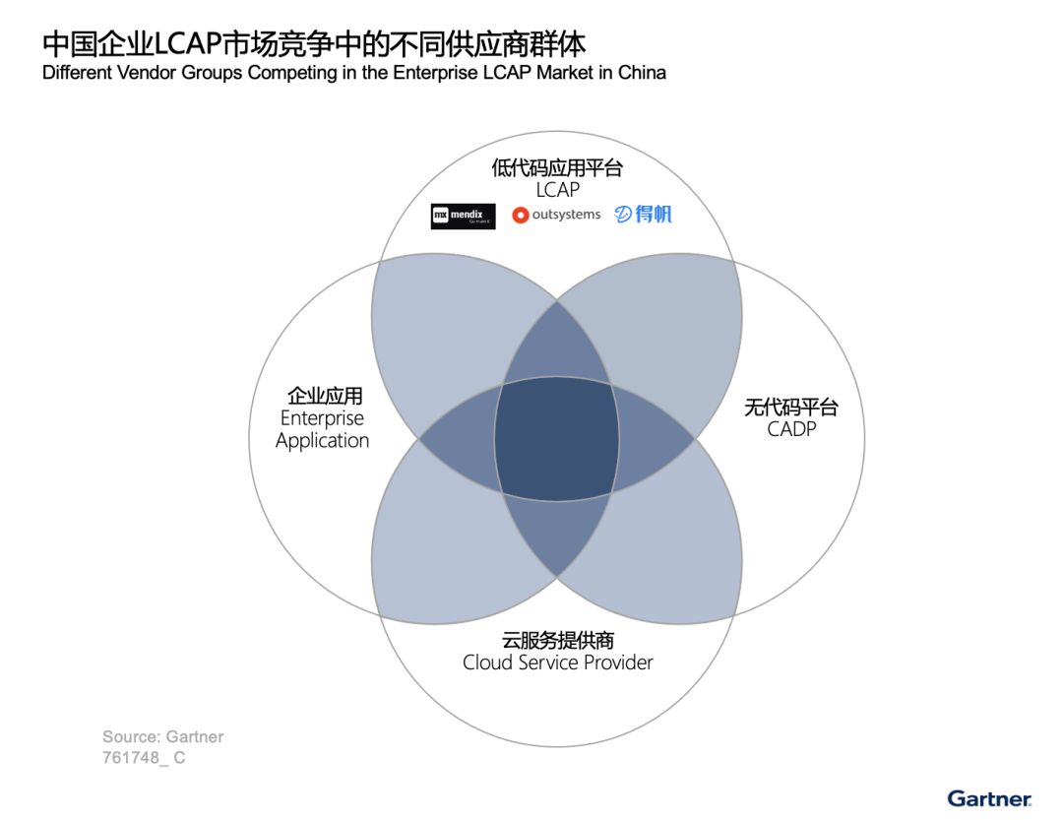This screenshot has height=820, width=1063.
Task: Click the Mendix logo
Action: (463, 215)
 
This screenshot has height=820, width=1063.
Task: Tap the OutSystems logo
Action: (557, 215)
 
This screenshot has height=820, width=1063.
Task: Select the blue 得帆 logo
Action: (644, 214)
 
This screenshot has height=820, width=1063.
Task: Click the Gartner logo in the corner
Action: (989, 798)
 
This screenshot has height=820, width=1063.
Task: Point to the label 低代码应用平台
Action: (557, 167)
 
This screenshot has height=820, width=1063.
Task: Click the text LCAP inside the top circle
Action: (557, 189)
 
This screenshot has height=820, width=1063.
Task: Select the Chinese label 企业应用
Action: (325, 396)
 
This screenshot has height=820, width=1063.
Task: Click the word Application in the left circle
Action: (322, 440)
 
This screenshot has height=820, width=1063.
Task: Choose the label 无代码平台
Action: (791, 408)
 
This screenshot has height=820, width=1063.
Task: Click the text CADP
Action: (791, 429)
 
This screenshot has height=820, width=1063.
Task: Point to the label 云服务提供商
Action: (557, 640)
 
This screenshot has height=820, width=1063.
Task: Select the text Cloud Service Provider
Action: (557, 662)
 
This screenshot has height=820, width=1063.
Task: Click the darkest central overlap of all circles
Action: (557, 436)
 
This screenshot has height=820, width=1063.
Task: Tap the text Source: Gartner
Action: (162, 736)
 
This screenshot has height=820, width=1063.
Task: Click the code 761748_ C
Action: (144, 758)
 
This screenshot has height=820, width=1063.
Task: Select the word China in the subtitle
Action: (642, 74)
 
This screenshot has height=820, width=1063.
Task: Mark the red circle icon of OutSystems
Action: (521, 215)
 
